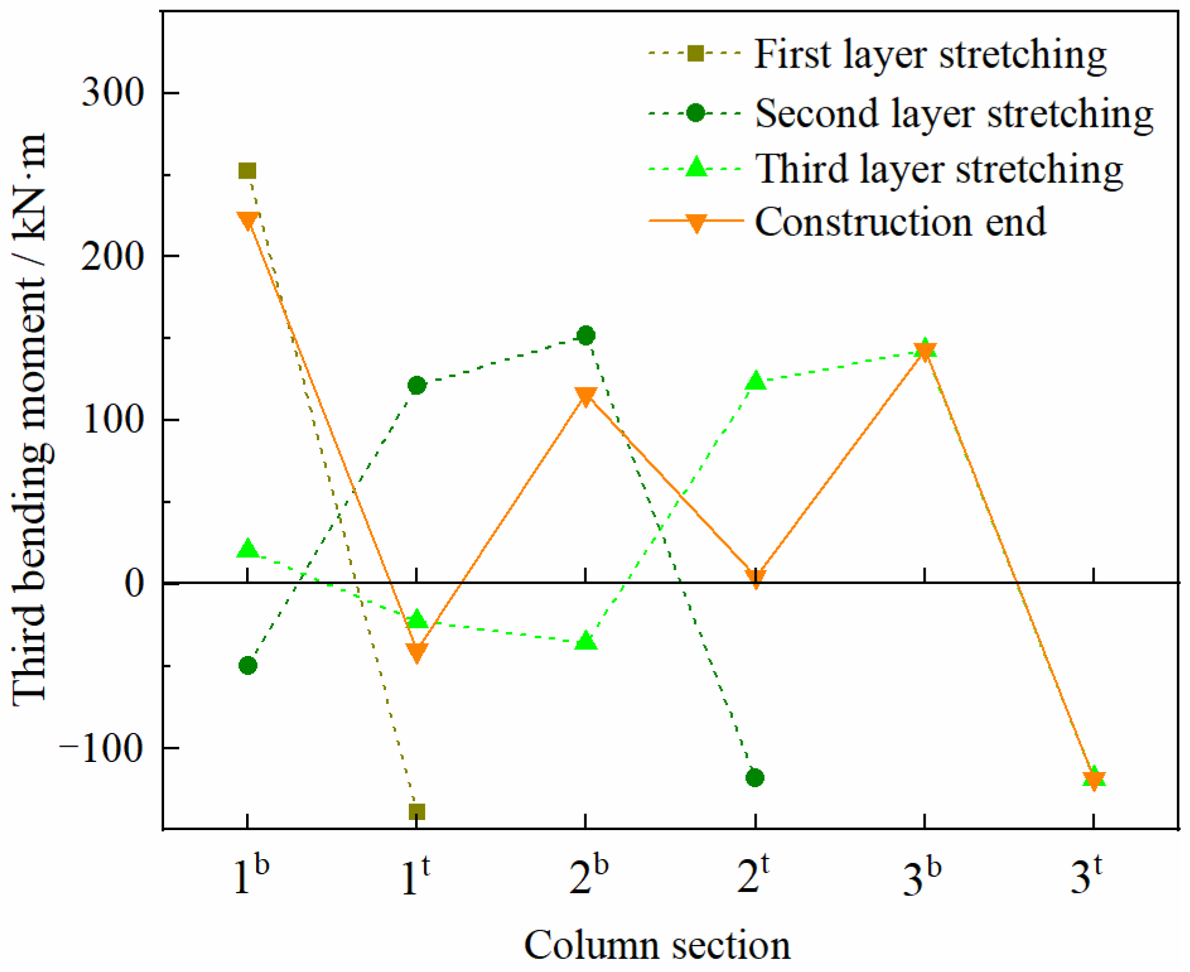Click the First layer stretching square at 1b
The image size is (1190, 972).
coord(247,171)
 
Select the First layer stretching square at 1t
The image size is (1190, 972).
coord(416,811)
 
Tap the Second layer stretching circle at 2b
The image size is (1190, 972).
coord(586,336)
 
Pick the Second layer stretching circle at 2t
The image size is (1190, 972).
coord(755,778)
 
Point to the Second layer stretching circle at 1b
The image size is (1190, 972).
coord(248,665)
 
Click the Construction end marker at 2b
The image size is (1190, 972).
coord(586,397)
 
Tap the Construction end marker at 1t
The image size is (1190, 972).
coord(416,652)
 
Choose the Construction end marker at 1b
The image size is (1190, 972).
coord(247,221)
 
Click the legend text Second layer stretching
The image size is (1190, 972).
coord(954,114)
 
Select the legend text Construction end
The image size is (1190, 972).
coord(900,222)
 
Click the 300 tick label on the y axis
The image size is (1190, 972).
coord(113,93)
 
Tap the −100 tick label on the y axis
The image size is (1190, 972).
coord(102,749)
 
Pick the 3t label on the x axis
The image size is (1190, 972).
coord(1087,875)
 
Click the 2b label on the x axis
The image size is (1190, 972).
coord(588,875)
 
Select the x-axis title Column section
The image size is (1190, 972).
coord(657,945)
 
